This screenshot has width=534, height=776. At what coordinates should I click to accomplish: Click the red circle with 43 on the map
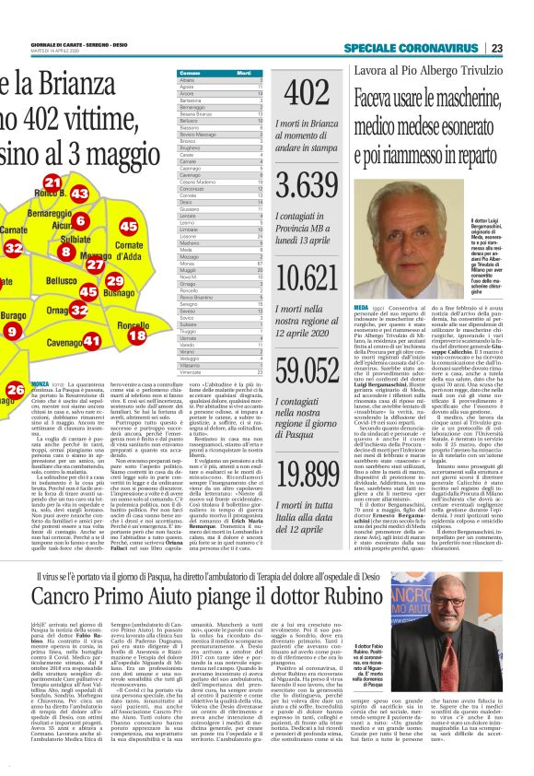(x=79, y=194)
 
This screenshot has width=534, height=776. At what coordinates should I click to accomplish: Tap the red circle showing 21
(x=52, y=183)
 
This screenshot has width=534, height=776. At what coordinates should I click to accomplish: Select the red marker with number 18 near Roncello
(x=136, y=335)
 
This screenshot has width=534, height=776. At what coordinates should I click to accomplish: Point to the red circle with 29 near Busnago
(x=114, y=281)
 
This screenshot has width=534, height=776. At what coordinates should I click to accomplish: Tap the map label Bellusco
(x=62, y=280)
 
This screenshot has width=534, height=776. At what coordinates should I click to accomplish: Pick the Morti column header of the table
(x=243, y=72)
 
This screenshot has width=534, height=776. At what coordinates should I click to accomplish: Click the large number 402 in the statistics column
(x=307, y=92)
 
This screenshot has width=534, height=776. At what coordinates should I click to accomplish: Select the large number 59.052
(x=307, y=369)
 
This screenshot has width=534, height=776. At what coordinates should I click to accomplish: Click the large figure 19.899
(x=307, y=474)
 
